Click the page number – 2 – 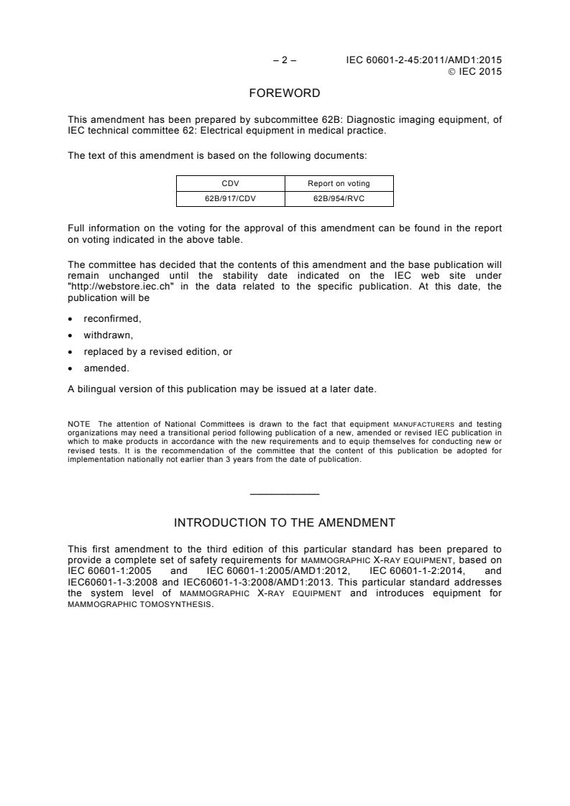click(284, 60)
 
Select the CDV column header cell click(231, 183)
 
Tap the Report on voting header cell click(339, 183)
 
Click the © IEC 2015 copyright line click(474, 71)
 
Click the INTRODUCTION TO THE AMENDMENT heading click(285, 522)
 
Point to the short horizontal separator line click(285, 493)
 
